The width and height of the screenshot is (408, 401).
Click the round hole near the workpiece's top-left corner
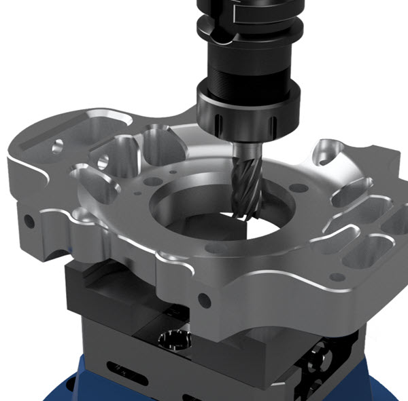tap(58, 145)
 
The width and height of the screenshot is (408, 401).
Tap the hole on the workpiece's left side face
tap(29, 221)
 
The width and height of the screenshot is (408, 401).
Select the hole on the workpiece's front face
tap(203, 298)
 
